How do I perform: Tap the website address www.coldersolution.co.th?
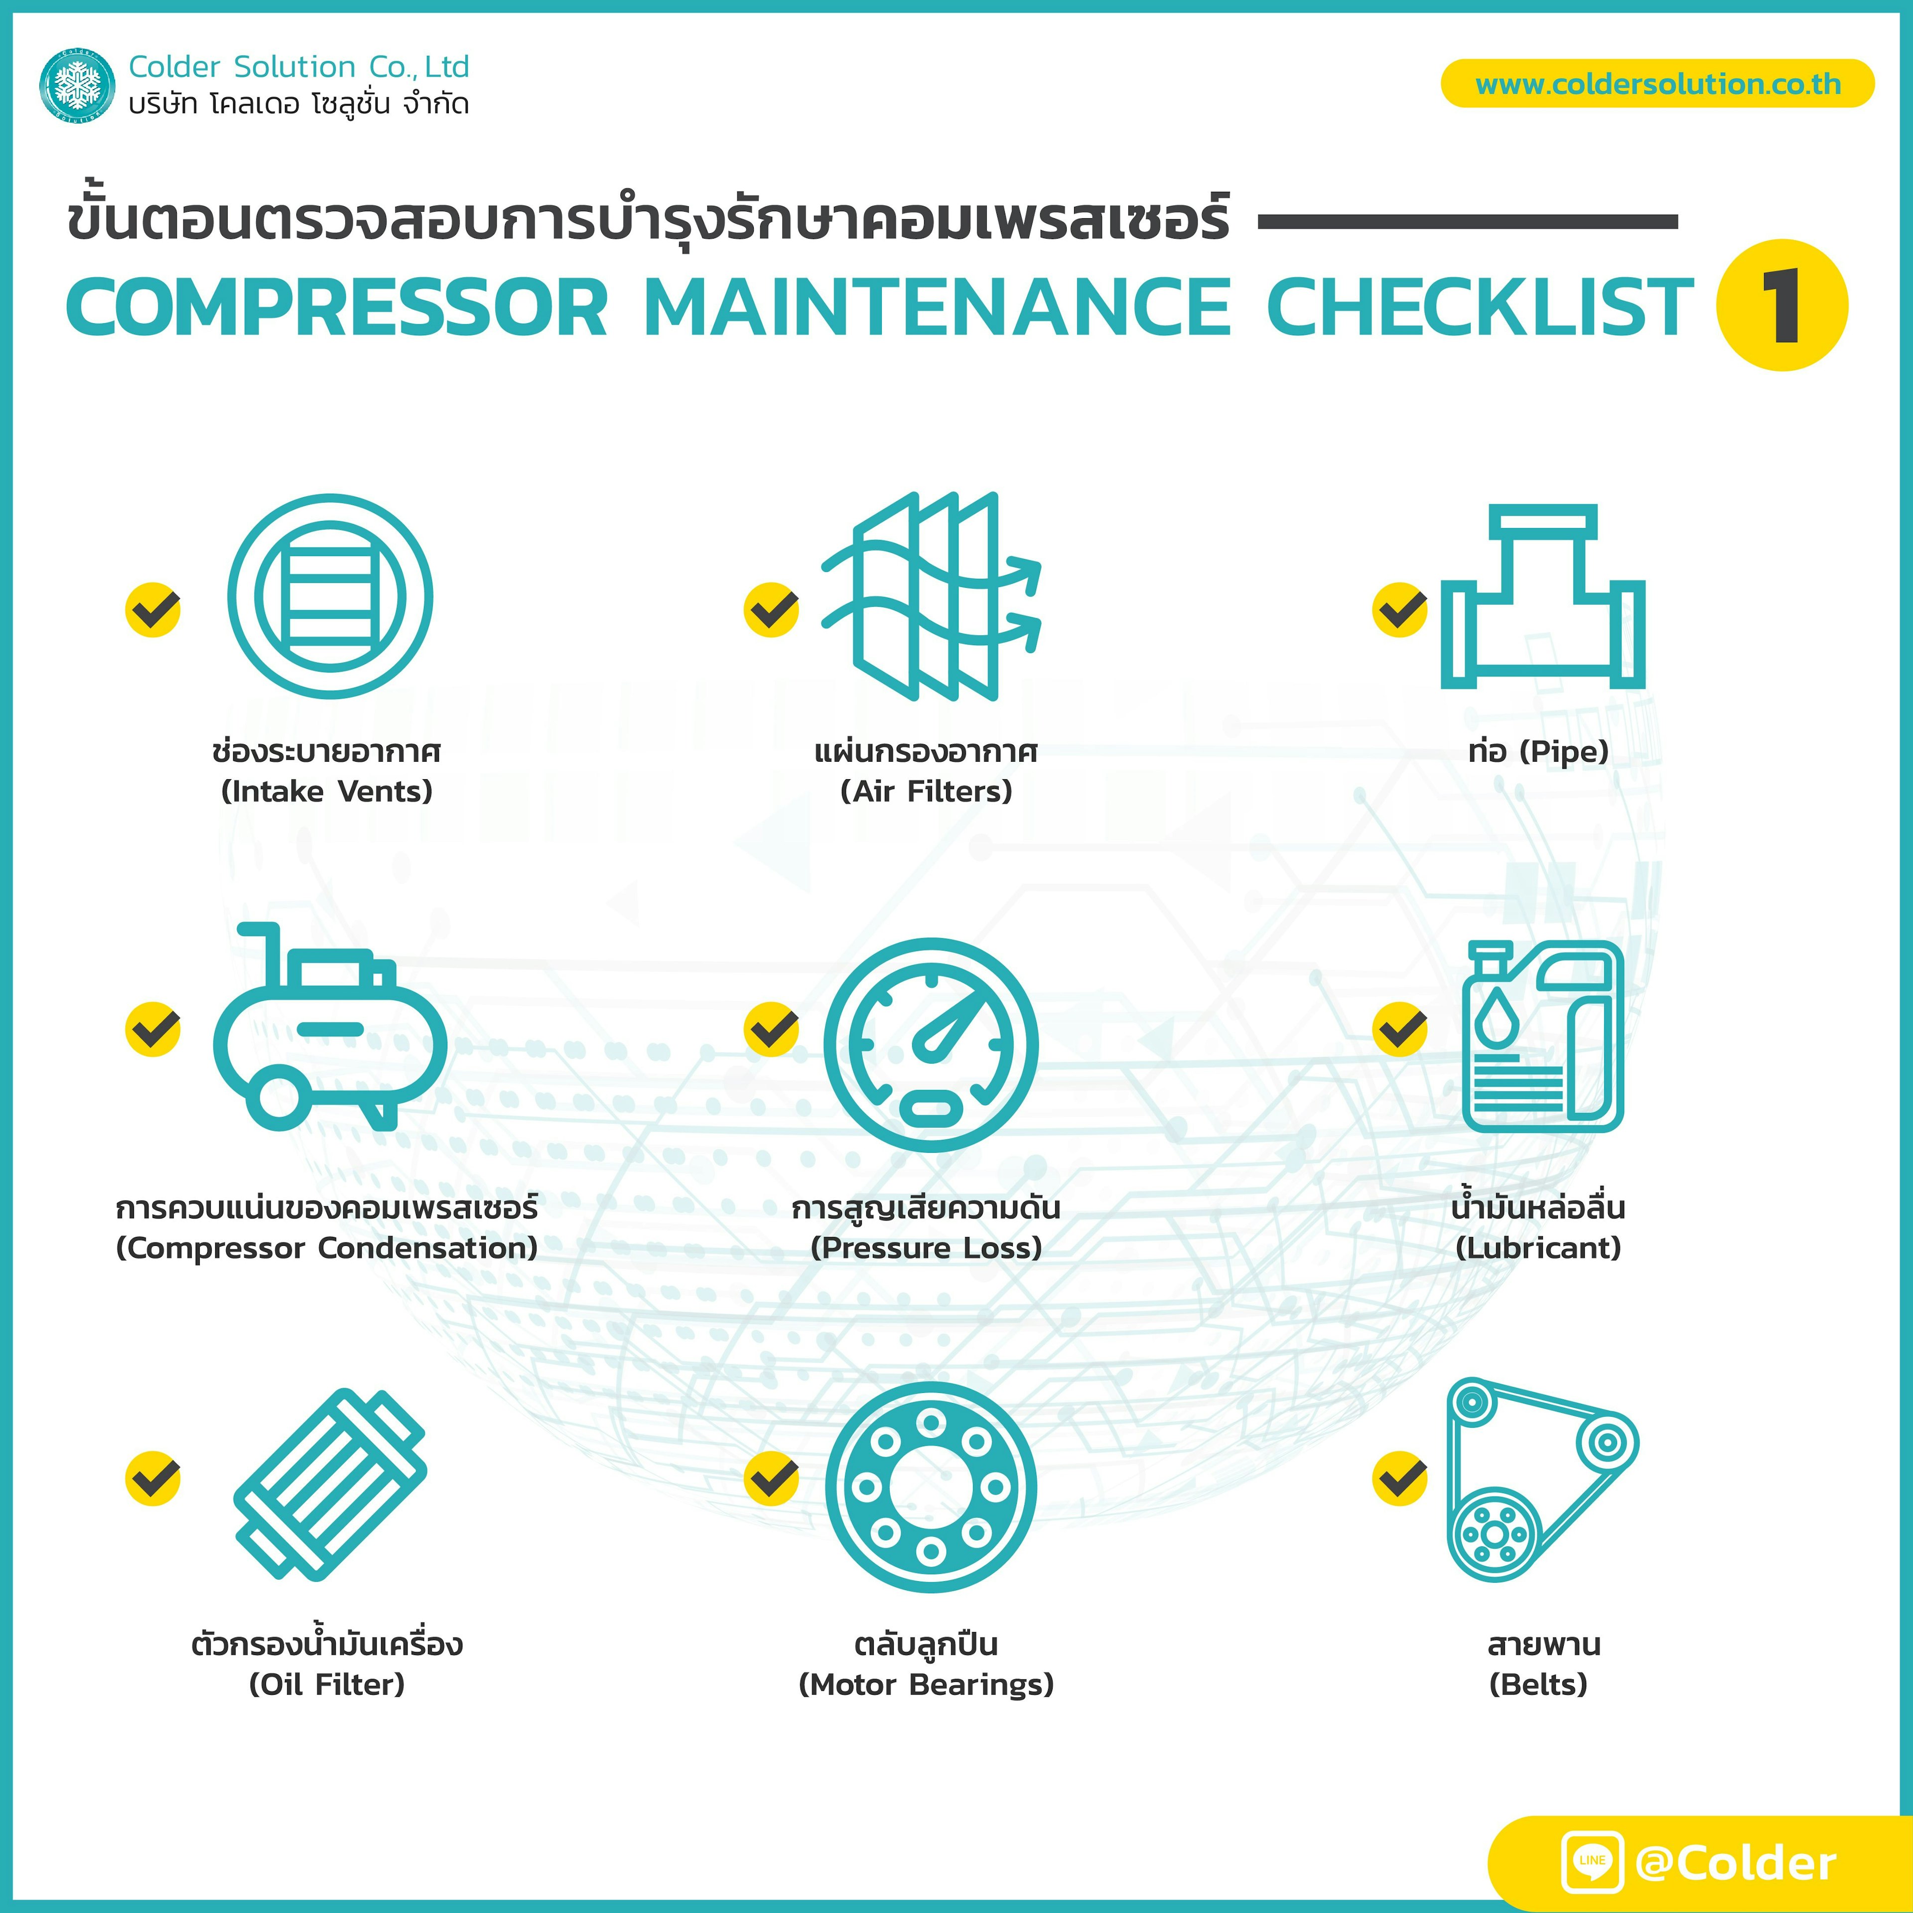pyautogui.click(x=1657, y=84)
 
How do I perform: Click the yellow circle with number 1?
pyautogui.click(x=1781, y=305)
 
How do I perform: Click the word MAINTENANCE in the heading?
pyautogui.click(x=937, y=307)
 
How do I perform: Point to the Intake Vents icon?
pyautogui.click(x=330, y=596)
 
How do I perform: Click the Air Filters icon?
pyautogui.click(x=931, y=596)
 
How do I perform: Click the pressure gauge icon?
pyautogui.click(x=931, y=1045)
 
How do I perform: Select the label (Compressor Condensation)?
pyautogui.click(x=327, y=1247)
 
